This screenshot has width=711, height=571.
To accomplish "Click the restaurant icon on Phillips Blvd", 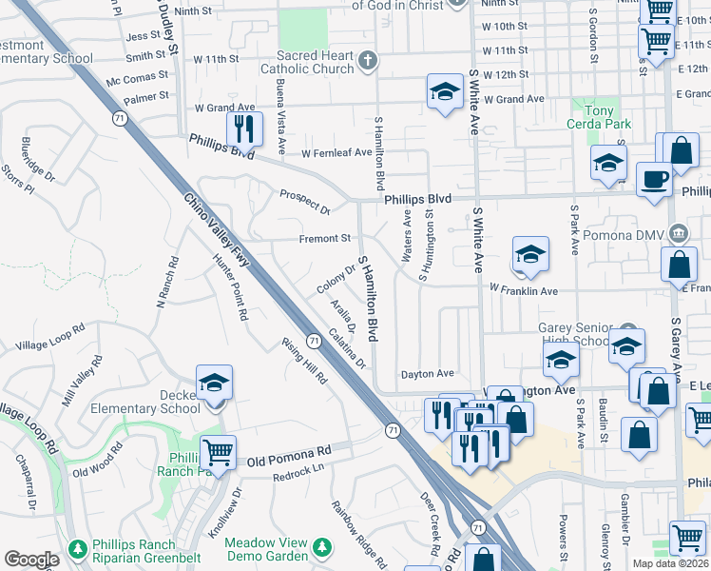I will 244,129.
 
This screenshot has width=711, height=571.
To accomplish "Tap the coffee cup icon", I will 653,180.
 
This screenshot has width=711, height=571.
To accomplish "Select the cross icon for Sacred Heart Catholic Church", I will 368,62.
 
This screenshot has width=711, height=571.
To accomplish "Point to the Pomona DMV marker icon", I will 679,233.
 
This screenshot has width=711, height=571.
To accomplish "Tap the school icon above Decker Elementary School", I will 215,384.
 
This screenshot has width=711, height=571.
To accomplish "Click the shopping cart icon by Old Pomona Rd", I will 218,452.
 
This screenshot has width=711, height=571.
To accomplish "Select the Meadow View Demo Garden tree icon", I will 323,547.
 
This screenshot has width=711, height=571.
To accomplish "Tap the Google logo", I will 31,560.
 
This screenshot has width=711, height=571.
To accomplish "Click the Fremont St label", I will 326,238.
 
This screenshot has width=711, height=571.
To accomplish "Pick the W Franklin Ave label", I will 523,288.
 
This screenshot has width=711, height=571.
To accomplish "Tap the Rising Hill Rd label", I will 304,361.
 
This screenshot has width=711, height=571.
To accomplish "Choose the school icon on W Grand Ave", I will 443,92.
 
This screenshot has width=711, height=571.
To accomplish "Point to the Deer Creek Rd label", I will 430,523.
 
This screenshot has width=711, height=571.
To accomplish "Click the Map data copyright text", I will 670,563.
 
